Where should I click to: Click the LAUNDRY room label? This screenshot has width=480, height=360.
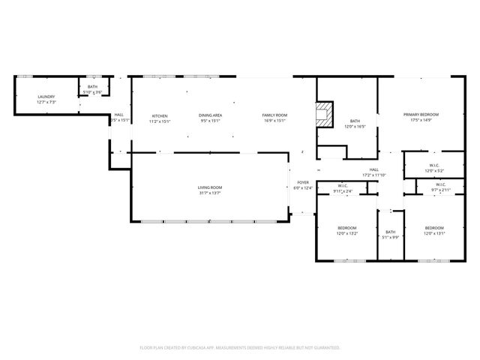(46, 97)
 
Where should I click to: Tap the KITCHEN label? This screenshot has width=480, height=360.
(160, 115)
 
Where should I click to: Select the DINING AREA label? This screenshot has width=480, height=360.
(210, 115)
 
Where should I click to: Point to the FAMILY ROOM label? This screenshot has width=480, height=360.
(274, 115)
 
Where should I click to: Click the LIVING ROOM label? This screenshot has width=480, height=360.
(210, 187)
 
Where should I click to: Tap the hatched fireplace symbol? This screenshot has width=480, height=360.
(324, 115)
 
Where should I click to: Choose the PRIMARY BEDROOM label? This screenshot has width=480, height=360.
(421, 115)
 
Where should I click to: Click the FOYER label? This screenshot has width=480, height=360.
(303, 182)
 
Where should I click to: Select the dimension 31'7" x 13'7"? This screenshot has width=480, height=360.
(210, 193)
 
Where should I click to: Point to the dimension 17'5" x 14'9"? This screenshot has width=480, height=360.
(421, 120)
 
